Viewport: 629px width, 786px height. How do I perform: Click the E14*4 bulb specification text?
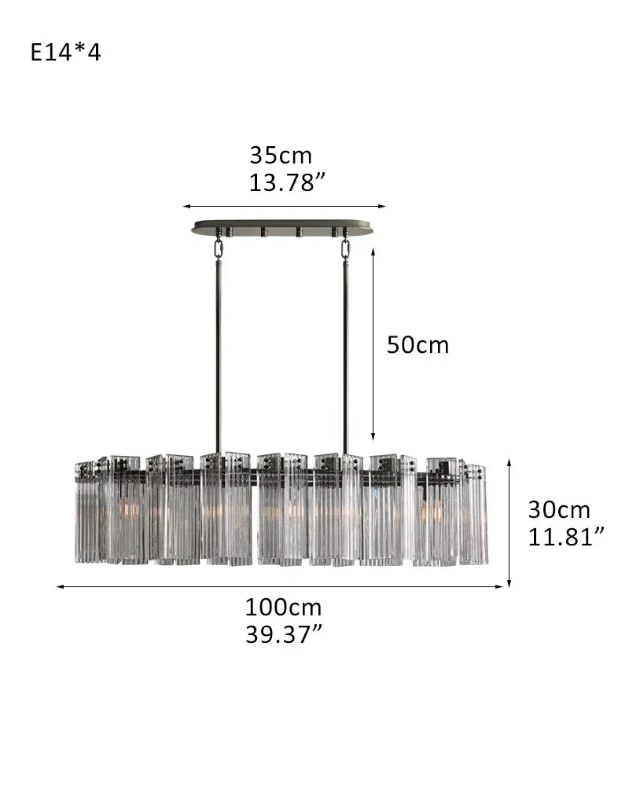66,53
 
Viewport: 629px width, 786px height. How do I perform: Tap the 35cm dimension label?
281,155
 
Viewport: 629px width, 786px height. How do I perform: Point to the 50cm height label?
417,345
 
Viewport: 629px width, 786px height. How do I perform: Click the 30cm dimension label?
558,510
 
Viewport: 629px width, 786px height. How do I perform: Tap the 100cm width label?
283,607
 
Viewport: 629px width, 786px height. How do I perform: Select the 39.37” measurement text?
283,634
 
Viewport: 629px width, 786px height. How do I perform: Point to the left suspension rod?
219,354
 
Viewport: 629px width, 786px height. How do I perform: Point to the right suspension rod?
345,354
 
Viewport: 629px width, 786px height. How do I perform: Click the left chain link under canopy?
219,248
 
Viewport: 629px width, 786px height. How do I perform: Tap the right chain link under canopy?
345,248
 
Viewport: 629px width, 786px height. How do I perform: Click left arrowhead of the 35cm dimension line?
187,207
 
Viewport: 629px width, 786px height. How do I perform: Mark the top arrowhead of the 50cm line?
373,248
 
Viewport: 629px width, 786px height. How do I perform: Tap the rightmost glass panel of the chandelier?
475,515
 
